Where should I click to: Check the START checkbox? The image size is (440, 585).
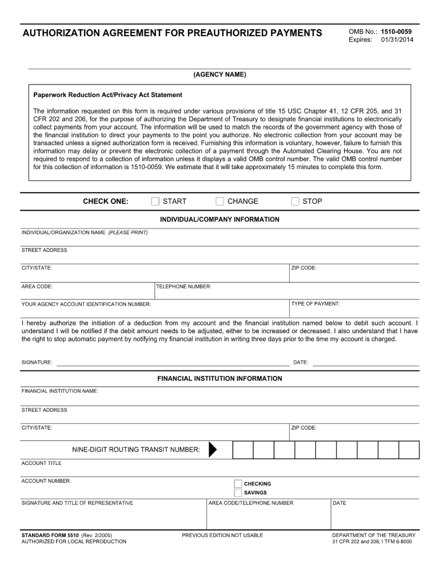(155, 201)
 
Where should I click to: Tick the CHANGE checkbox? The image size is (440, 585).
(219, 201)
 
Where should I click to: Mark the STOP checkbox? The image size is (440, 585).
(295, 201)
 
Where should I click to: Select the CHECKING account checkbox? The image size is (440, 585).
(238, 484)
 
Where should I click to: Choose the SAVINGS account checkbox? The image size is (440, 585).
(238, 492)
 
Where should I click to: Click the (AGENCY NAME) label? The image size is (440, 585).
(219, 75)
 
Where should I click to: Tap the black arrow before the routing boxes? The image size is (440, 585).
(213, 450)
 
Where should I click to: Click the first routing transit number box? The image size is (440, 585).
(243, 450)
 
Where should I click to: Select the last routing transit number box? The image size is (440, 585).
(409, 450)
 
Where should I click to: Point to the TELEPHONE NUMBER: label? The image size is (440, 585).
(184, 287)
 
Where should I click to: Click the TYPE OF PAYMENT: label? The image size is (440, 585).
(315, 304)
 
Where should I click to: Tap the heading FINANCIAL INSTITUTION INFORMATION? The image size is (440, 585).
(219, 378)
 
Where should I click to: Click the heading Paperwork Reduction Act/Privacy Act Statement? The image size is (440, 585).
(107, 95)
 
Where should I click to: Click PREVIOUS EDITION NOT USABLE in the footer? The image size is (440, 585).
(222, 535)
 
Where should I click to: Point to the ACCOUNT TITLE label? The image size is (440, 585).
(41, 463)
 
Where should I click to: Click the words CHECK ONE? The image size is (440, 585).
(106, 201)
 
